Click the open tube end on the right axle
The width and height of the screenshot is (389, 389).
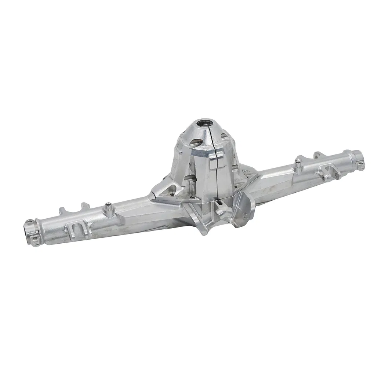coord(359,156)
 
